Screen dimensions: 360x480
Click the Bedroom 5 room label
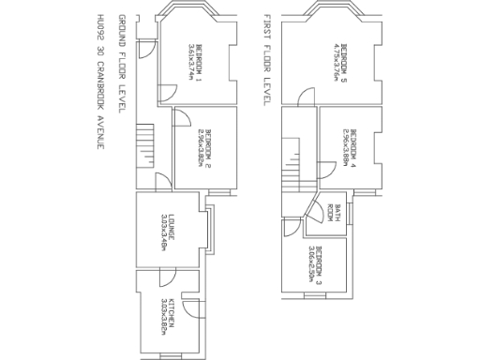click(x=344, y=58)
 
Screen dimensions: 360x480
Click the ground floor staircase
click(x=144, y=146)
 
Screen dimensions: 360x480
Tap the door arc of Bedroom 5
click(x=307, y=97)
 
